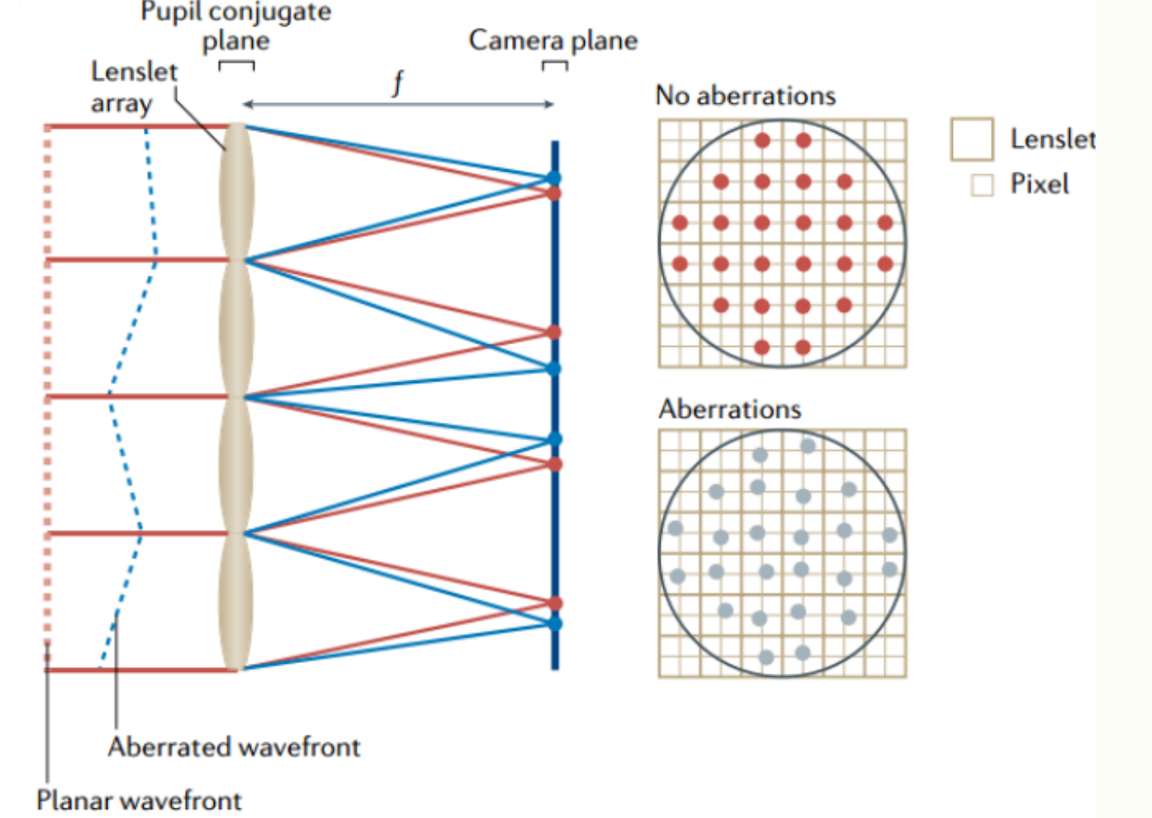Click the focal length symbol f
coord(398,83)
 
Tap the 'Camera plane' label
coord(552,40)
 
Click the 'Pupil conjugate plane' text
coord(236,26)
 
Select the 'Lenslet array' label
coord(133,86)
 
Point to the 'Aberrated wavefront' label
coord(234,747)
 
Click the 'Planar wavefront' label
coord(138,800)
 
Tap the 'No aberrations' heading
coord(745,95)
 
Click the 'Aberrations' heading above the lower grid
coord(730,409)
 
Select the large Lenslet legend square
coord(971,139)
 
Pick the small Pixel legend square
coord(981,185)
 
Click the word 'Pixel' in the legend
coord(1039,184)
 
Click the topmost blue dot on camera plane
coord(553,178)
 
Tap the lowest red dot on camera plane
coord(554,603)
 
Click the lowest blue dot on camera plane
coord(554,623)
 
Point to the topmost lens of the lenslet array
coord(236,192)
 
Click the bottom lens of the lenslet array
coord(235,602)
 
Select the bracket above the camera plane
coord(554,65)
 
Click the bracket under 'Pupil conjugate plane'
coord(236,65)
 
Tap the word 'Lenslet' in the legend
coord(1052,139)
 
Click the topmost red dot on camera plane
coord(554,193)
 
